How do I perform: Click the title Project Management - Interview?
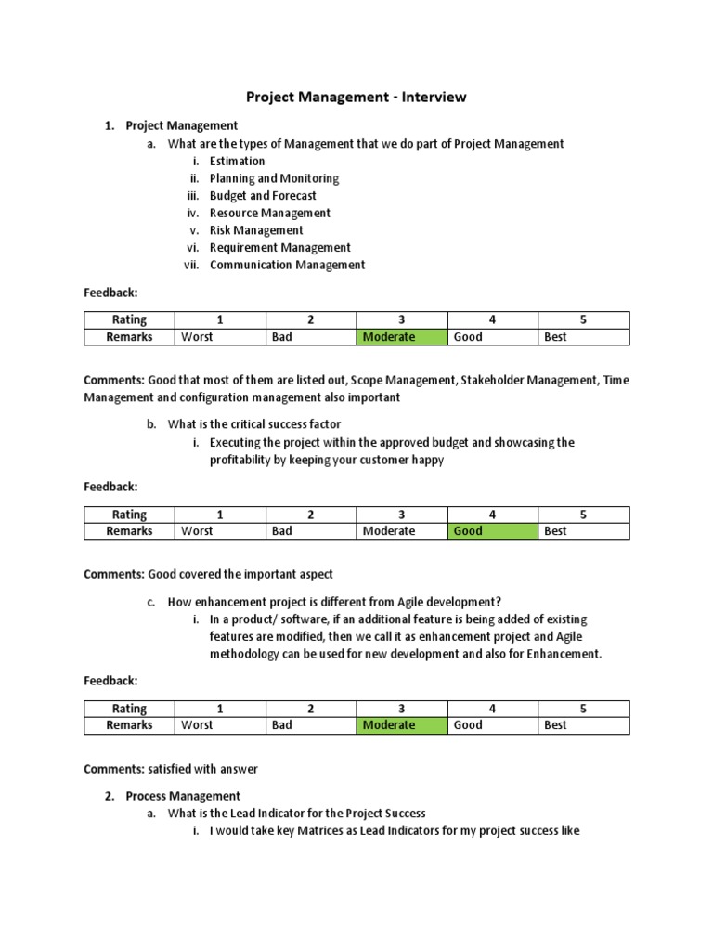coord(356,97)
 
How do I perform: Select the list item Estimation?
coord(237,161)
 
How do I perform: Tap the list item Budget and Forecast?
coord(263,196)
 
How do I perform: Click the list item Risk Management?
coord(256,230)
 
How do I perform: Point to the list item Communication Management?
coord(287,265)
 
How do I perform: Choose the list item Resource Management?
coord(269,213)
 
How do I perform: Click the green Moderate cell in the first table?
coord(402,337)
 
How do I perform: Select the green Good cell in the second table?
coord(492,531)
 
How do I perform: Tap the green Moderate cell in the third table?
coord(402,724)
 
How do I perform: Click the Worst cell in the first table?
coord(220,337)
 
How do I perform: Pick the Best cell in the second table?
coord(583,531)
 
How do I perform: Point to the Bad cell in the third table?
coord(311,724)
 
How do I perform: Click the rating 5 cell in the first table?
coord(583,320)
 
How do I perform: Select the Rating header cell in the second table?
coord(129,515)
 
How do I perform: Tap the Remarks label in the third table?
coord(129,724)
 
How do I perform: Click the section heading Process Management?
coord(183,796)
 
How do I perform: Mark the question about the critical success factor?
coord(253,424)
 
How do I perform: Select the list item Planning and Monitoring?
coord(274,178)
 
